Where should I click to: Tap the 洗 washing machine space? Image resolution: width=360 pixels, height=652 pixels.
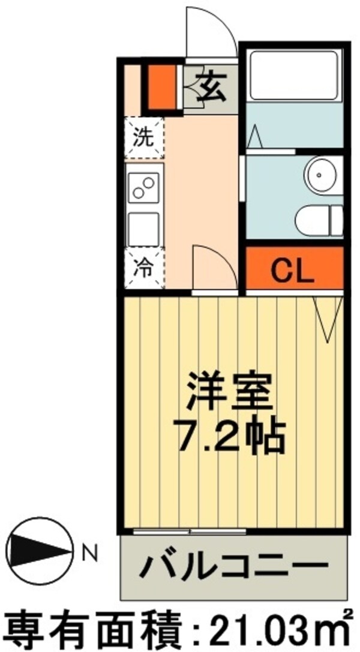[144, 137]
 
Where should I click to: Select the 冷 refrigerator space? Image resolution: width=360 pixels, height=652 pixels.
[144, 268]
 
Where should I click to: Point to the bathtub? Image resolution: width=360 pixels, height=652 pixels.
[294, 76]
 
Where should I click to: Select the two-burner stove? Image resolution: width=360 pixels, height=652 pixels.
[144, 188]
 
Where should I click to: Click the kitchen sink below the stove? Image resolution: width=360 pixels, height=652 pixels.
[143, 229]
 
